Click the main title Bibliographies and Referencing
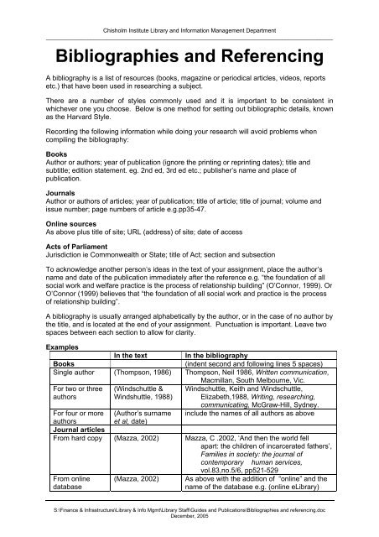pos(189,57)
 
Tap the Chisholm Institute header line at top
pos(189,30)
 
